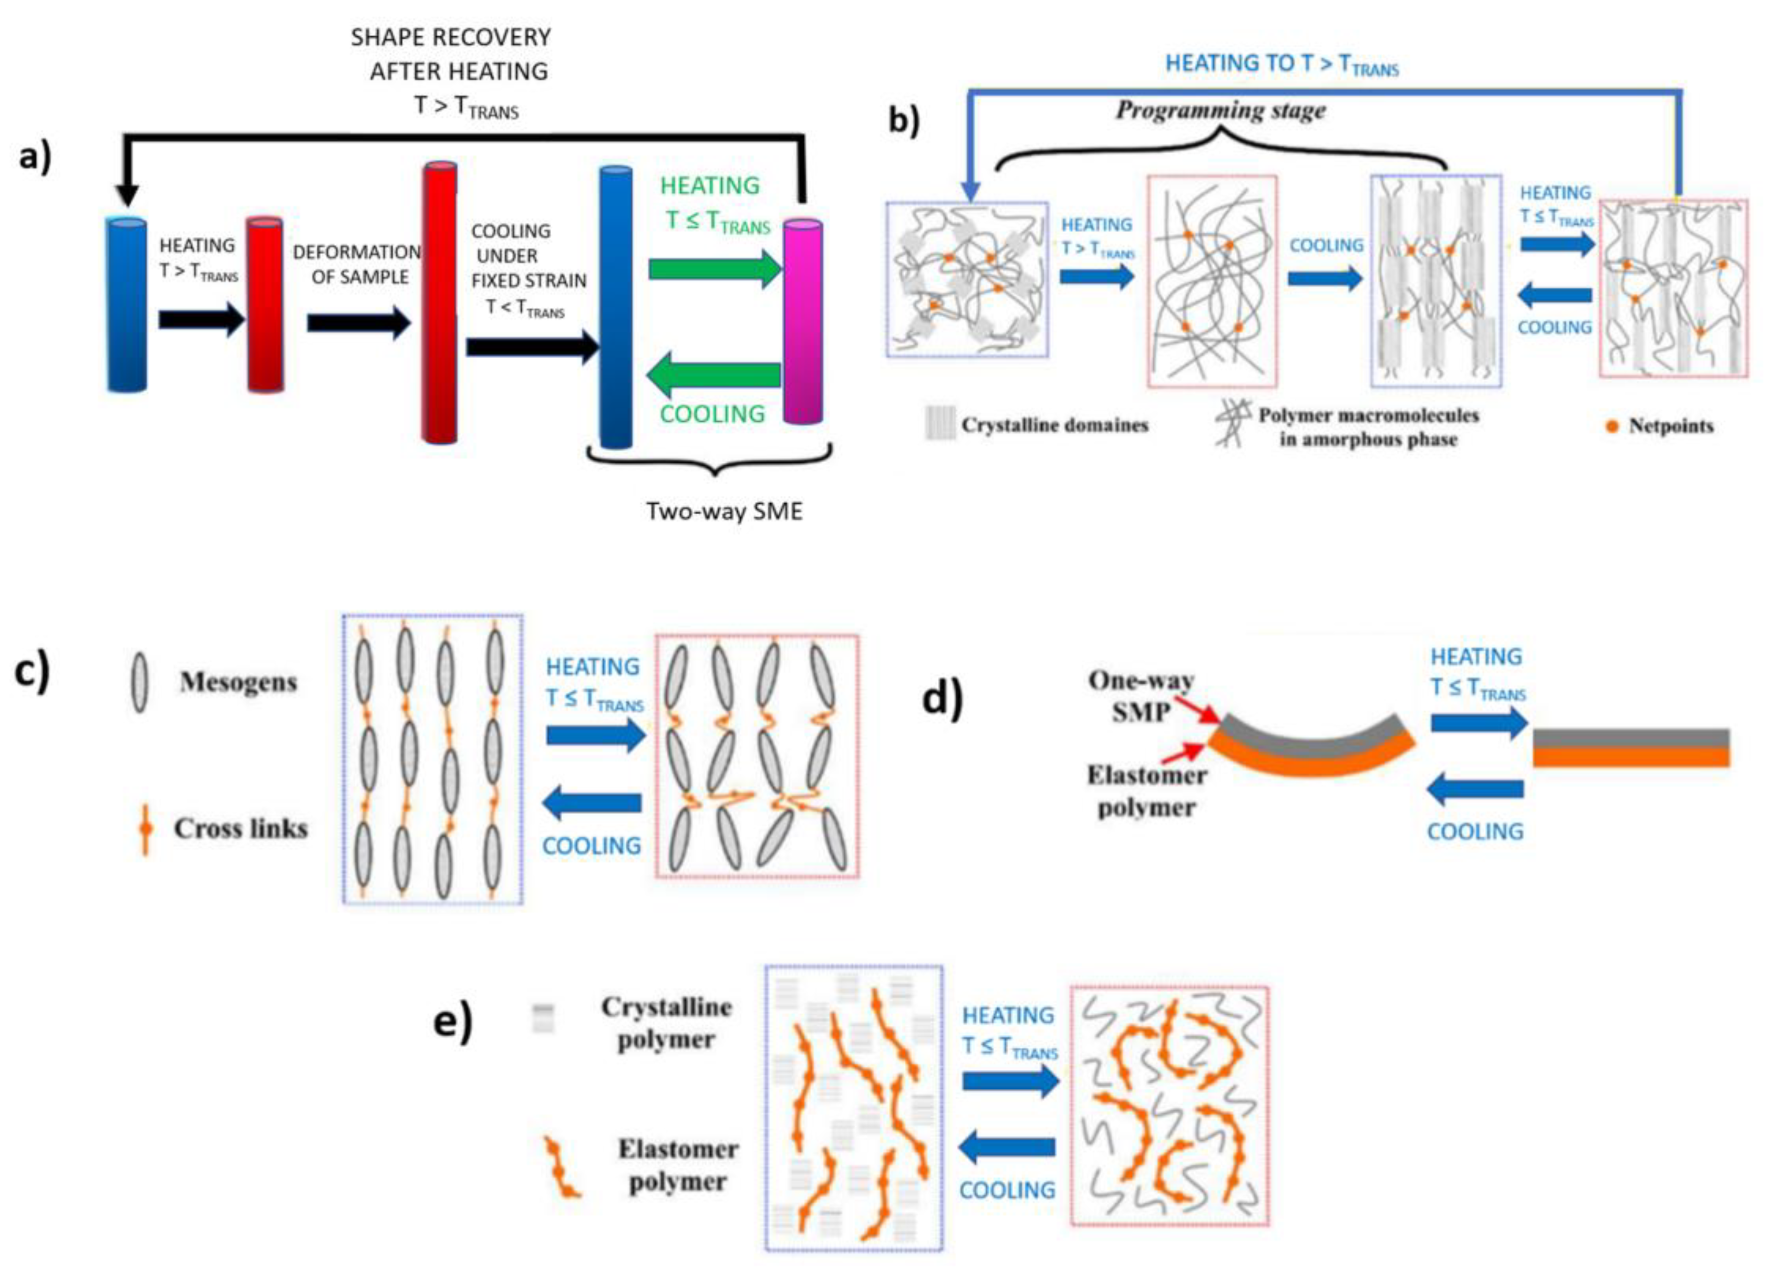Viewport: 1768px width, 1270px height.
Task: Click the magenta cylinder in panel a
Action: click(x=802, y=322)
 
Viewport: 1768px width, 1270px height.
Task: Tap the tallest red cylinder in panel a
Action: click(x=439, y=304)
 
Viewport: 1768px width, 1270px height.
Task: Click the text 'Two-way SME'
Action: click(x=724, y=511)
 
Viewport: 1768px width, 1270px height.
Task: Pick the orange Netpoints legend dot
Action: click(x=1612, y=426)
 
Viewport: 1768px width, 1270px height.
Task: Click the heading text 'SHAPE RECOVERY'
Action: click(x=451, y=37)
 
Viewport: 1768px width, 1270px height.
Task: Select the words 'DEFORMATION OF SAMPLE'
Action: click(x=358, y=265)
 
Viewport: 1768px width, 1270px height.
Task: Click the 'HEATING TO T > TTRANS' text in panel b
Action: click(x=1281, y=64)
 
